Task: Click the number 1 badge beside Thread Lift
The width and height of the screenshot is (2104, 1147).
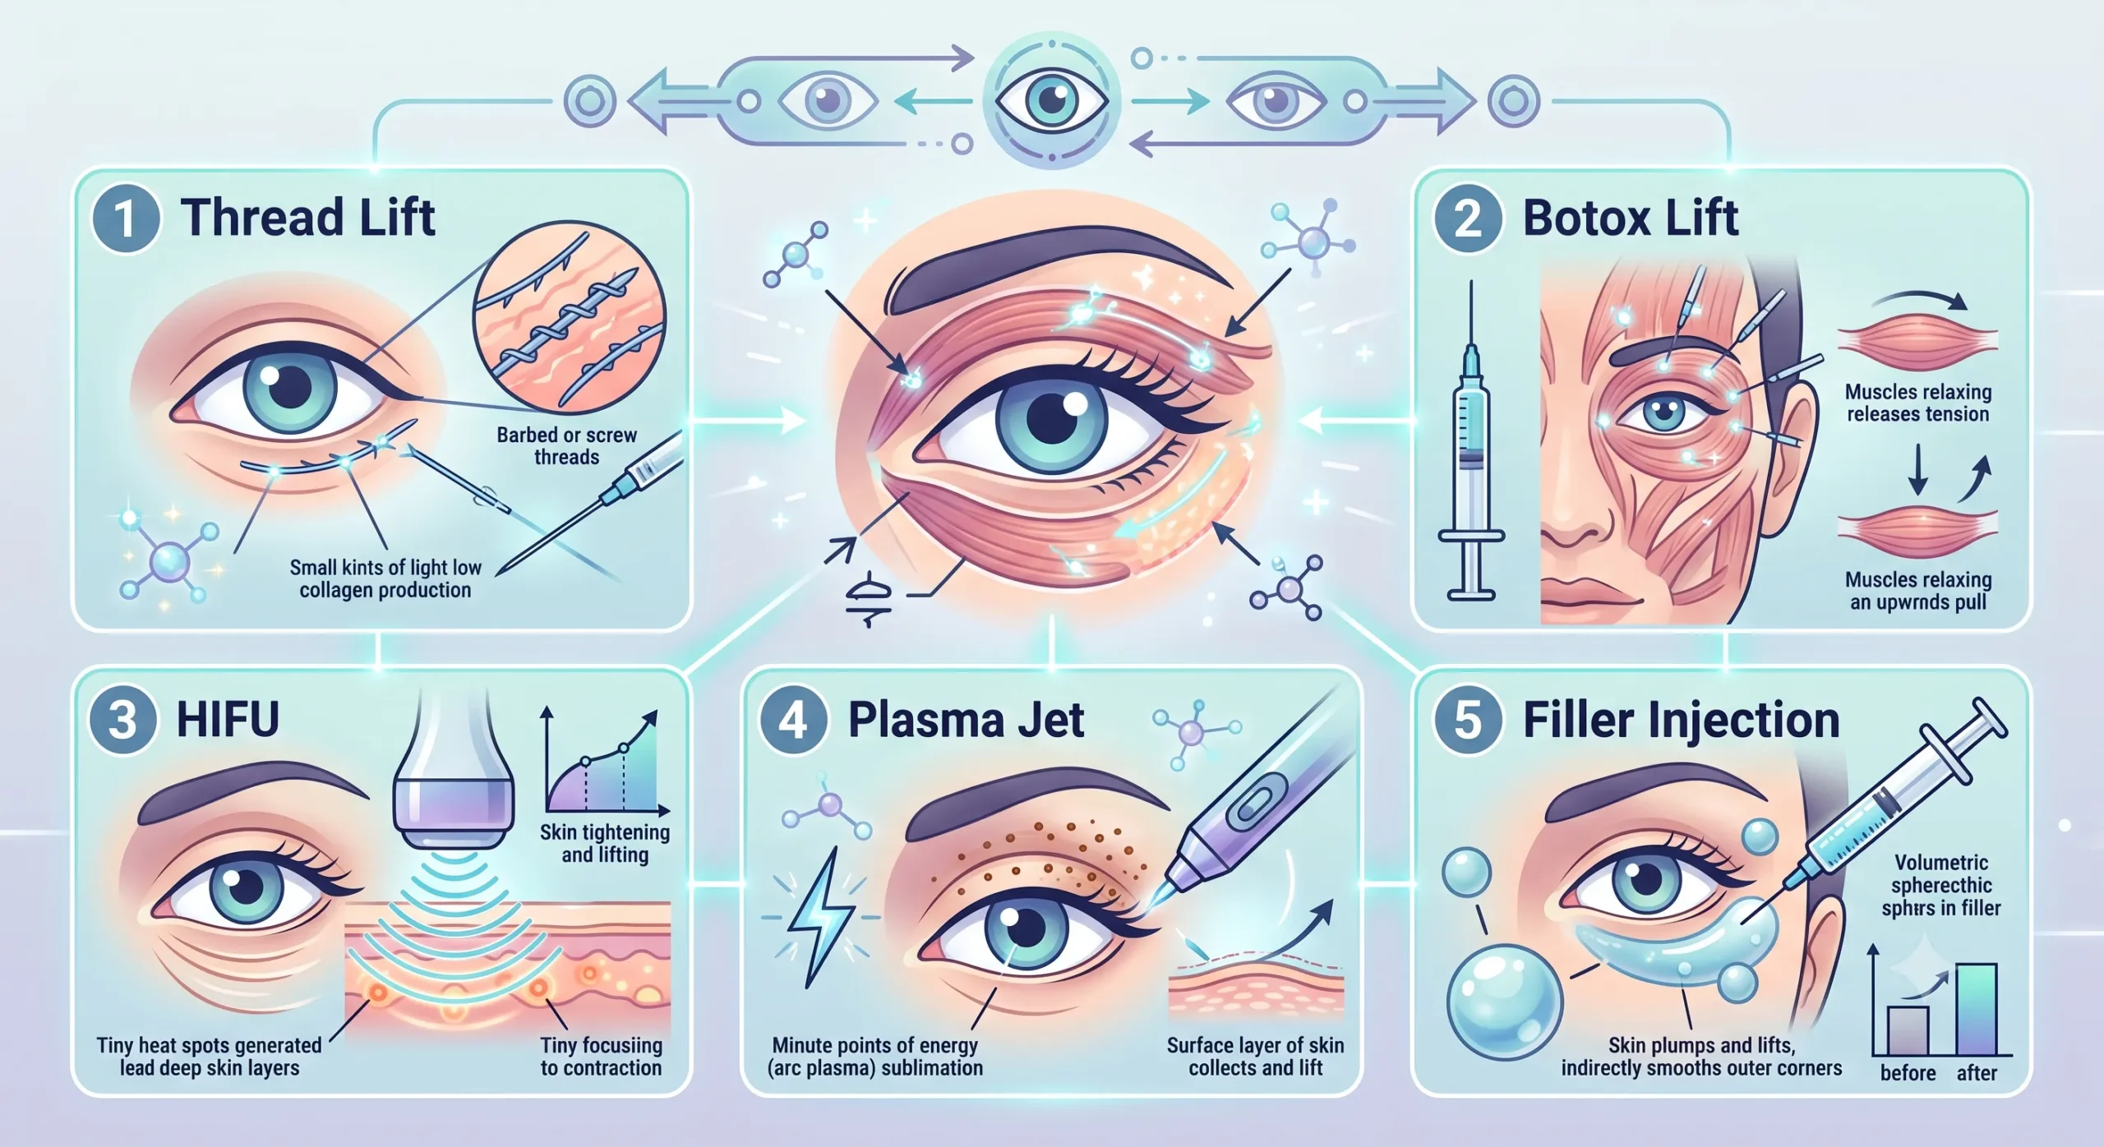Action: click(125, 219)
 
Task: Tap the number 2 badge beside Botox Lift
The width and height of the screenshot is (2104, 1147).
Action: click(1468, 219)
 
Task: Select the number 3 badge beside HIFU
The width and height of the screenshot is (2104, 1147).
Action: click(123, 721)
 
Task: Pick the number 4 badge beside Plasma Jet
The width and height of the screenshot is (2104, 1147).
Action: click(792, 721)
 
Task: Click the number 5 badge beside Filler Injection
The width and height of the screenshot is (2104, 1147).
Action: click(1468, 721)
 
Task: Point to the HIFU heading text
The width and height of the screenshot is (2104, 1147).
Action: click(228, 719)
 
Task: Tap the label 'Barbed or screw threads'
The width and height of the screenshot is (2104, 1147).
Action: click(566, 445)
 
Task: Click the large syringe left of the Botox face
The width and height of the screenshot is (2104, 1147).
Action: click(1471, 440)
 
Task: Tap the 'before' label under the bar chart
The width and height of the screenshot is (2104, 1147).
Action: click(1908, 1073)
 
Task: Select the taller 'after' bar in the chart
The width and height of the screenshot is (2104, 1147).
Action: click(1976, 1009)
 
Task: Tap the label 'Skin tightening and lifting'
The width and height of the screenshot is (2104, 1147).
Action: click(605, 843)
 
